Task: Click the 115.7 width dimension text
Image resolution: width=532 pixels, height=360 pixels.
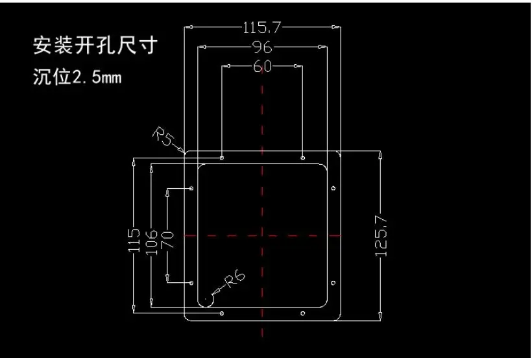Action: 262,27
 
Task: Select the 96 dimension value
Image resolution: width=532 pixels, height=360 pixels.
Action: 261,47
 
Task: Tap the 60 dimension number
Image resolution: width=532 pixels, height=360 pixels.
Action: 261,66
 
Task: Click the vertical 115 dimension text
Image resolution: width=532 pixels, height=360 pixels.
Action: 134,240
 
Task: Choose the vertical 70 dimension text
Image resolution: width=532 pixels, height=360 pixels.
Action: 167,237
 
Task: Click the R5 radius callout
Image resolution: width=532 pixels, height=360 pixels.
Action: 163,138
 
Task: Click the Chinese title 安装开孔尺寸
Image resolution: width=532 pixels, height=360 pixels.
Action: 95,45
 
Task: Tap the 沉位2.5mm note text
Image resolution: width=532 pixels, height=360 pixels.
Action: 77,78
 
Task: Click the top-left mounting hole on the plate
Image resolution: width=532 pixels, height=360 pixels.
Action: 222,158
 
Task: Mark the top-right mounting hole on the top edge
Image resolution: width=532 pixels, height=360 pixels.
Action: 303,158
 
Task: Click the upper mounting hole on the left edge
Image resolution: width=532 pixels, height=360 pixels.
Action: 191,188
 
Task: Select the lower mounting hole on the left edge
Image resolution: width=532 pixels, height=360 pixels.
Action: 191,283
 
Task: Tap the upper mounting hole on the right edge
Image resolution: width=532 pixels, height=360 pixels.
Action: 333,189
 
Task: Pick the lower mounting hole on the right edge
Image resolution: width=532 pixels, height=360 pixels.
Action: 333,283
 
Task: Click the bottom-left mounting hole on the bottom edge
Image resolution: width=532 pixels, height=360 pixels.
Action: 222,314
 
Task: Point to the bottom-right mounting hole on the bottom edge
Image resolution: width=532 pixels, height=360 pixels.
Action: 303,314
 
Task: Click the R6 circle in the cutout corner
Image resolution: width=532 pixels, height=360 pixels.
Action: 206,300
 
